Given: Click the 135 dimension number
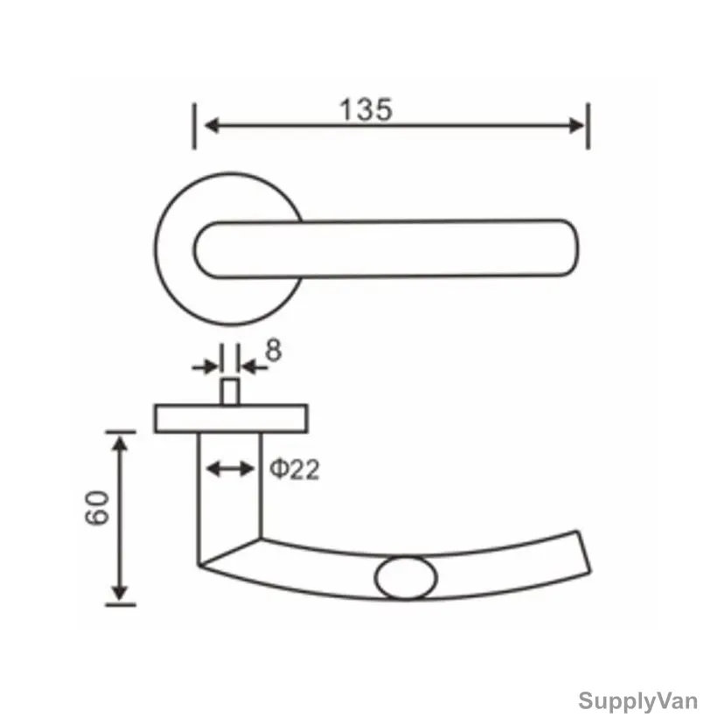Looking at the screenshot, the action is point(365,110).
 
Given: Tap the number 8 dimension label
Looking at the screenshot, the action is point(273,350).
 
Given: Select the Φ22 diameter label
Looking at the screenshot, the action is point(294,470).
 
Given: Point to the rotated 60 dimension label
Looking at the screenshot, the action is point(97,507).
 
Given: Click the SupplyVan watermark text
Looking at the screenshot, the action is point(637,701).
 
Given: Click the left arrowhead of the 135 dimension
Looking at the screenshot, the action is point(212,125).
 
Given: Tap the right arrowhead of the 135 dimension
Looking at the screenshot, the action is point(577,126).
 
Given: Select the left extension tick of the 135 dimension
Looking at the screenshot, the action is point(194,126).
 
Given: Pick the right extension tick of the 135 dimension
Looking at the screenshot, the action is point(588,126).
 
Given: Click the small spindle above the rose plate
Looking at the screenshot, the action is point(230,392).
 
